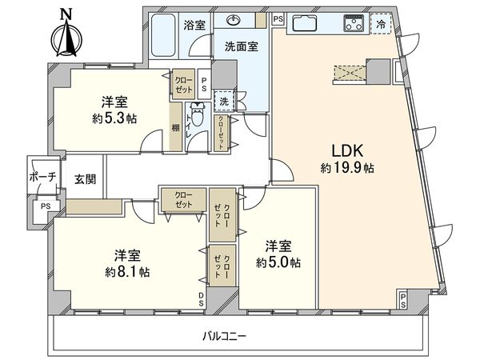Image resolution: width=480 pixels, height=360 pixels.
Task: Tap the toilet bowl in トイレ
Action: (x=198, y=120)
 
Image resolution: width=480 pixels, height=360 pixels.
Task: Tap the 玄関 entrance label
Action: (x=86, y=179)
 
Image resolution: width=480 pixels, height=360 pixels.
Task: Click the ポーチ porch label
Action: (x=41, y=177)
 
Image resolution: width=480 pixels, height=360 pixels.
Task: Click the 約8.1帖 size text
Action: (x=128, y=271)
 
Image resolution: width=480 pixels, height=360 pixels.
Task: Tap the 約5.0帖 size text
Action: (x=278, y=262)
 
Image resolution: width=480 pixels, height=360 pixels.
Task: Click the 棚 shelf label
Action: (x=174, y=128)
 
